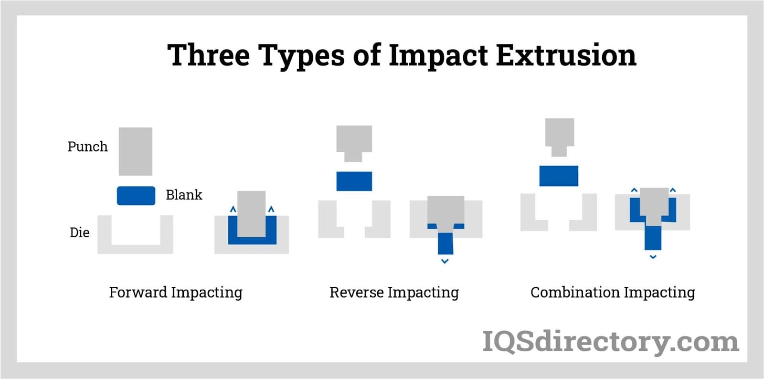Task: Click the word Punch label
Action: click(88, 147)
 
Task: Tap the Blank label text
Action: click(184, 195)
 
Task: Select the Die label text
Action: click(79, 232)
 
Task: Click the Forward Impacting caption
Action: click(176, 293)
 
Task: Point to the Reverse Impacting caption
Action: click(394, 293)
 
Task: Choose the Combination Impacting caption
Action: click(613, 293)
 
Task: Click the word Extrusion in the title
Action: click(566, 55)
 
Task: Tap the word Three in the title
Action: click(209, 55)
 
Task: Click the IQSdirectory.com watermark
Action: click(611, 341)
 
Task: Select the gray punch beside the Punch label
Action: click(136, 151)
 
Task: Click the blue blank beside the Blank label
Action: click(136, 196)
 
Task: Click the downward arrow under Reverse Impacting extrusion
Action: click(445, 262)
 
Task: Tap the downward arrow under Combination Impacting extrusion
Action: click(653, 257)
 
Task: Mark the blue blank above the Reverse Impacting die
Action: click(354, 181)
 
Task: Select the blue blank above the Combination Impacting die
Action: click(559, 176)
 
